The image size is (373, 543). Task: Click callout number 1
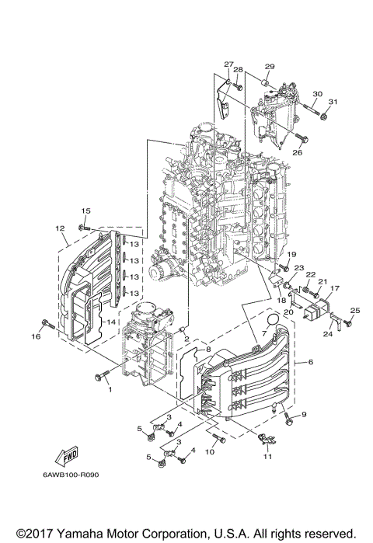110,388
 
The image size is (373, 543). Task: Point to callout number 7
264,332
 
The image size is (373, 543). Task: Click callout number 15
86,211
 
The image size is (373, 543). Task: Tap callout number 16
36,336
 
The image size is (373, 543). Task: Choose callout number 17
335,288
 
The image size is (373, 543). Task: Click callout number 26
298,152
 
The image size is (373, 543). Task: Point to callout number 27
228,64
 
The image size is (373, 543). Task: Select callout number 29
270,67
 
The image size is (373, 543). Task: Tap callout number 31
333,103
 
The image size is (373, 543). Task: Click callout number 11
268,458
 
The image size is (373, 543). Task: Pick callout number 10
210,452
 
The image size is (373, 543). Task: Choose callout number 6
310,362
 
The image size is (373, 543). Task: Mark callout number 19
292,255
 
